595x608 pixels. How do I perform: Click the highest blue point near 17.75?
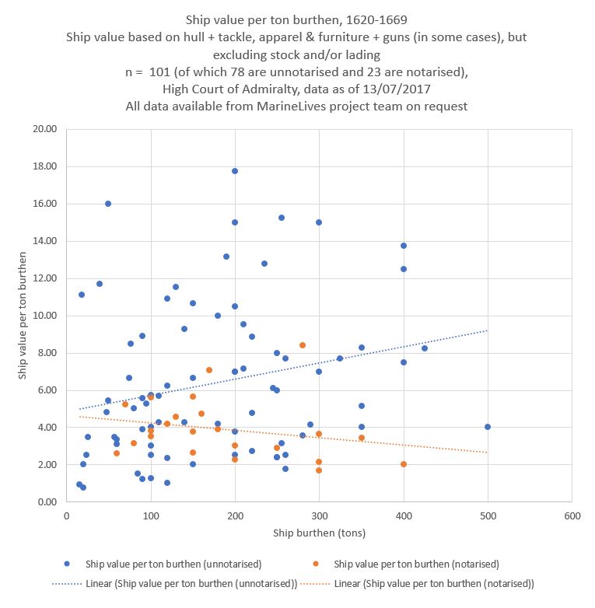(x=234, y=171)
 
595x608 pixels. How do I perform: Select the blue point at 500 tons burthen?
(x=488, y=427)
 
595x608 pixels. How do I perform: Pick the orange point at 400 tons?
(x=403, y=464)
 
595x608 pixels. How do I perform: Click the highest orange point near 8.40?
(x=302, y=345)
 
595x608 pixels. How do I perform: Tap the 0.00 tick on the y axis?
(x=45, y=502)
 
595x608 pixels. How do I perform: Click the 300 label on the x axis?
(x=319, y=515)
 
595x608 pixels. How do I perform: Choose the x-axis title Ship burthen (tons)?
(x=319, y=533)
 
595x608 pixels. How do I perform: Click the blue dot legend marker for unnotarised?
(x=68, y=564)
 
